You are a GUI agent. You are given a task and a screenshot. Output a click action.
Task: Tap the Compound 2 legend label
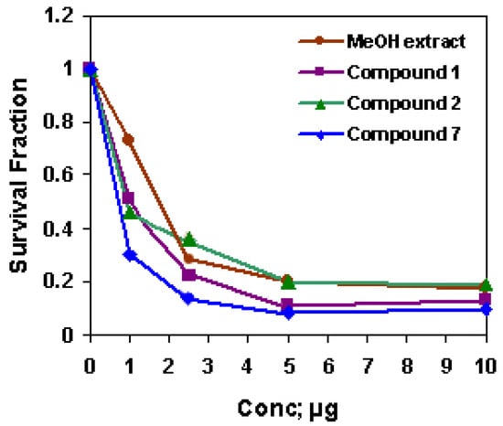(x=398, y=103)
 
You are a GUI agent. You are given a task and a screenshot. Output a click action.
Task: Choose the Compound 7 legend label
(x=398, y=134)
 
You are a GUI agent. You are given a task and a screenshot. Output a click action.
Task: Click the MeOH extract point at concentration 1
(x=129, y=140)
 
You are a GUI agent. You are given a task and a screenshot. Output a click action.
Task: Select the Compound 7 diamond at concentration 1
(x=129, y=255)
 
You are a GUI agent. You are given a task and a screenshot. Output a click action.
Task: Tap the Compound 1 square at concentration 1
(x=129, y=198)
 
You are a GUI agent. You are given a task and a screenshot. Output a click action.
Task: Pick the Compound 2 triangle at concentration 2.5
(x=188, y=240)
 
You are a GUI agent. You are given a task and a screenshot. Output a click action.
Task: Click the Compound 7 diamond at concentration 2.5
(x=188, y=298)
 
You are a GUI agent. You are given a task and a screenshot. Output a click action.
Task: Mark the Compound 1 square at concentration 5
(x=288, y=305)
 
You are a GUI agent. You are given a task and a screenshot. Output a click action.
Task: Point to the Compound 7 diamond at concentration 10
(x=487, y=310)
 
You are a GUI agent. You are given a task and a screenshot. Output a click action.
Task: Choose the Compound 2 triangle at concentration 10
(x=487, y=285)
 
